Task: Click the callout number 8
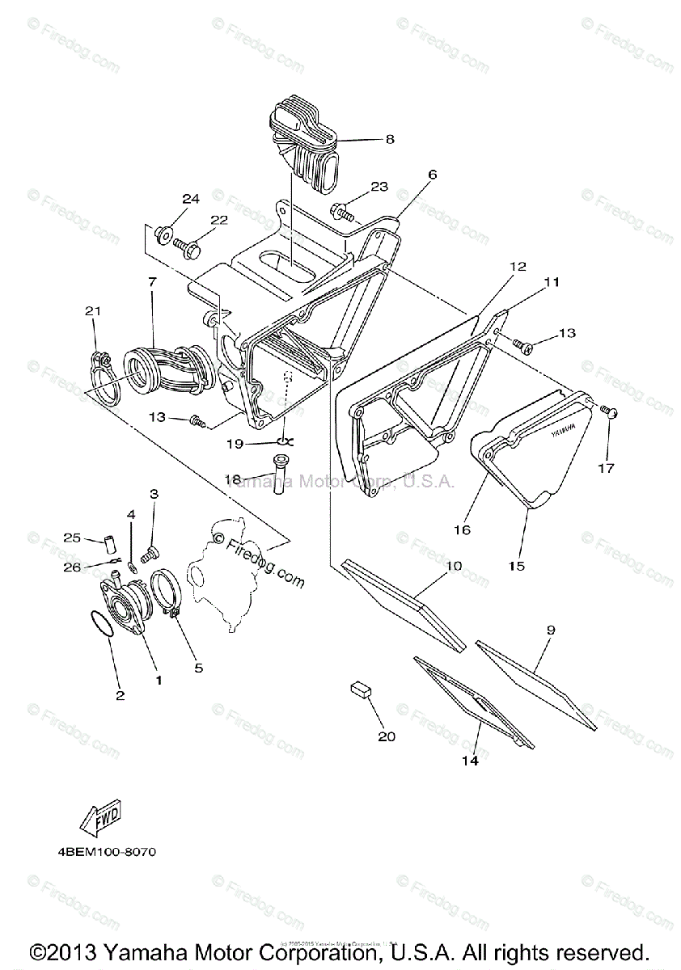pos(390,139)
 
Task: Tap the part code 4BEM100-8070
pos(107,852)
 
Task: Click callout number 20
pos(387,736)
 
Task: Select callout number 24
pos(190,199)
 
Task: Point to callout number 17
pos(606,468)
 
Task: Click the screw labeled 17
pos(612,414)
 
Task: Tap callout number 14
pos(470,761)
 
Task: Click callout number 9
pos(551,628)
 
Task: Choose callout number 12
pos(518,266)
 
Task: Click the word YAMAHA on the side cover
pos(565,428)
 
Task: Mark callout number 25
pos(72,538)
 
